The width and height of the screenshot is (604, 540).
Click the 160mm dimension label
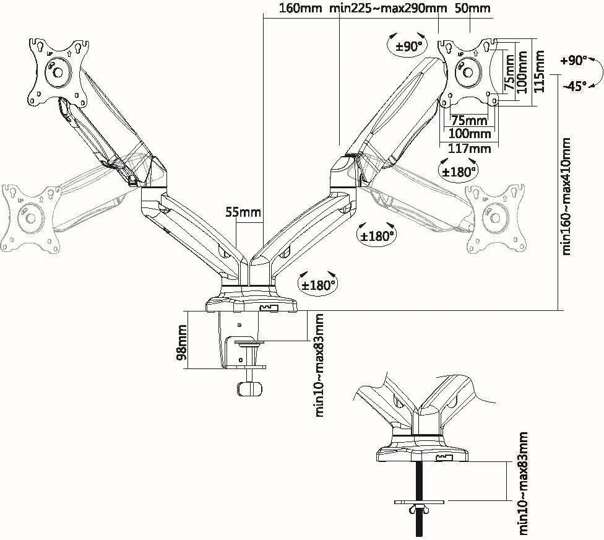coord(302,9)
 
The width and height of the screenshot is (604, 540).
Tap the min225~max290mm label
coord(389,9)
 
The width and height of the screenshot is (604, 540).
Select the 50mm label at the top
coord(472,9)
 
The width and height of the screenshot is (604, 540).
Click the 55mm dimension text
coord(243,213)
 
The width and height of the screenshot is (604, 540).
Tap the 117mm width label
coord(469,149)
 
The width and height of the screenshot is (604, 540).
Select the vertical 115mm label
coord(540,69)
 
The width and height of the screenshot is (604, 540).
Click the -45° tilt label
coord(574,86)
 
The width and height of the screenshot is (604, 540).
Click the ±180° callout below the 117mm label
coord(458,171)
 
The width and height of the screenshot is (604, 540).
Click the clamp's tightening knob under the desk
coord(249,388)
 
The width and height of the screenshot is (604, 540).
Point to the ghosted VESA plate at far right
coord(495,218)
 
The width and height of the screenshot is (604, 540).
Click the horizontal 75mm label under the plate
coord(468,120)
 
